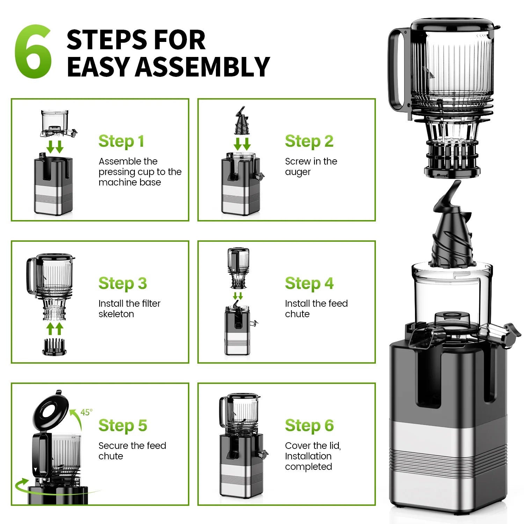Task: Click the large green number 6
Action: click(x=33, y=52)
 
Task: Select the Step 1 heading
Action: click(x=121, y=141)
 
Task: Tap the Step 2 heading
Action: click(x=309, y=141)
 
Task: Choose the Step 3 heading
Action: click(x=122, y=283)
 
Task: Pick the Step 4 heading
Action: click(x=309, y=283)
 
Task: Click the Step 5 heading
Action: click(x=122, y=425)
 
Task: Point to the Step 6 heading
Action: click(x=309, y=425)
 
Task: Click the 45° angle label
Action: click(x=86, y=412)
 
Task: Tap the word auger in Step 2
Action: click(x=298, y=172)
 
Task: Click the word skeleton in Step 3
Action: click(x=116, y=314)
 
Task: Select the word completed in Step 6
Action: click(x=308, y=467)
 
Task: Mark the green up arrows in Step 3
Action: click(x=55, y=329)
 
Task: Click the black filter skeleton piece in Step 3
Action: click(x=54, y=347)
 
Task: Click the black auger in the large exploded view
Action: click(x=451, y=234)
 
